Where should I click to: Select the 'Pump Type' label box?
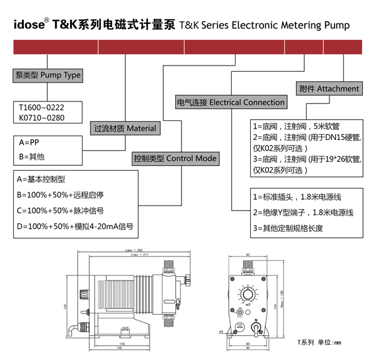(x=48, y=75)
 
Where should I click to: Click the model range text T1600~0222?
(x=42, y=108)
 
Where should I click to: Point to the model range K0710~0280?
(x=42, y=118)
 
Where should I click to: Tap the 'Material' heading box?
(x=124, y=128)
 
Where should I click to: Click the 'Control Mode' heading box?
(x=175, y=158)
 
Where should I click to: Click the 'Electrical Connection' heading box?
(x=230, y=102)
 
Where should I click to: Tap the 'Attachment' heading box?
(x=329, y=89)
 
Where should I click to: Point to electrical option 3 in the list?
(x=287, y=228)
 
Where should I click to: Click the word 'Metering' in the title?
(x=292, y=26)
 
